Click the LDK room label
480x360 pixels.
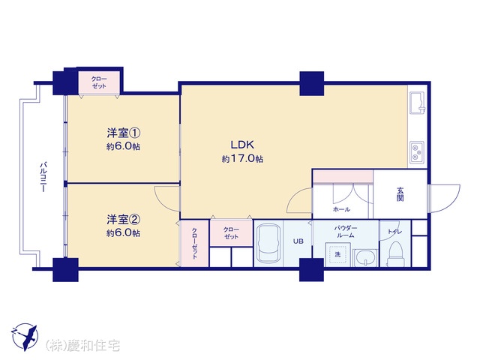click(x=242, y=144)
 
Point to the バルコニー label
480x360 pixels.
click(x=43, y=177)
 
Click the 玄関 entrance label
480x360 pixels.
click(x=400, y=193)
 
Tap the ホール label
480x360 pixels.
click(x=341, y=210)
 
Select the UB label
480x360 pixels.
click(x=298, y=241)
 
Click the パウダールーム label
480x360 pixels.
click(x=345, y=232)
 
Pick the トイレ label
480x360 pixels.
click(x=395, y=232)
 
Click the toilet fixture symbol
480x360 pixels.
click(x=396, y=254)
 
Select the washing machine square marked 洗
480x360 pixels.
click(x=338, y=255)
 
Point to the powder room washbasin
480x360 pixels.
click(x=366, y=258)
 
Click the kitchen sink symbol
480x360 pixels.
click(x=417, y=102)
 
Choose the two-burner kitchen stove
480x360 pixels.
click(x=417, y=152)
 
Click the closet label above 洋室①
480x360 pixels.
click(x=99, y=82)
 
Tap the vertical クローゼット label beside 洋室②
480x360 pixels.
click(x=195, y=243)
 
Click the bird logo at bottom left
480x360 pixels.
click(x=25, y=337)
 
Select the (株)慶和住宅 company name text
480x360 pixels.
click(x=82, y=346)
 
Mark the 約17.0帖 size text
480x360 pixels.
click(x=242, y=159)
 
